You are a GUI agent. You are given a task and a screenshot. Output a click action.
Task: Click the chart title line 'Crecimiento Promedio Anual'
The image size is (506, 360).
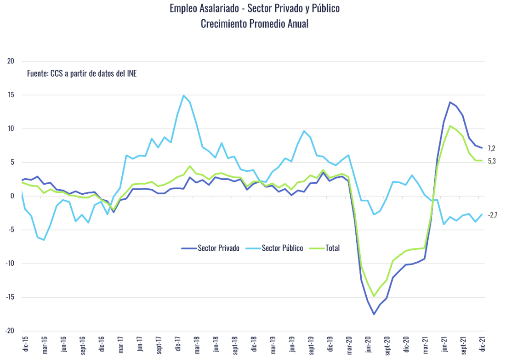coord(254,24)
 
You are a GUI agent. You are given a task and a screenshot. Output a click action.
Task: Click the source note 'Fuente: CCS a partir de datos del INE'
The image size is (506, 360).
coord(82,73)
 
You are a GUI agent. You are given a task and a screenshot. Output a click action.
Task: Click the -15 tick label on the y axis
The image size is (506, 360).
coord(11,297)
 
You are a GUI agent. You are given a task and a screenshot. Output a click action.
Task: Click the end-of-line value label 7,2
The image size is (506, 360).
coord(492,148)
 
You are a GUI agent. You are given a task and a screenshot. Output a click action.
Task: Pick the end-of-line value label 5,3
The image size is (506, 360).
coord(492,161)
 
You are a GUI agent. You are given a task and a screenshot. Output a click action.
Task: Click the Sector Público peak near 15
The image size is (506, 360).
coord(184,96)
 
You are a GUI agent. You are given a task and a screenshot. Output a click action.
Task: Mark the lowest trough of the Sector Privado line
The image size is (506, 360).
coord(374,314)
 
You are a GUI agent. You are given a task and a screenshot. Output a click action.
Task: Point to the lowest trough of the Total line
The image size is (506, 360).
coord(374,296)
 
